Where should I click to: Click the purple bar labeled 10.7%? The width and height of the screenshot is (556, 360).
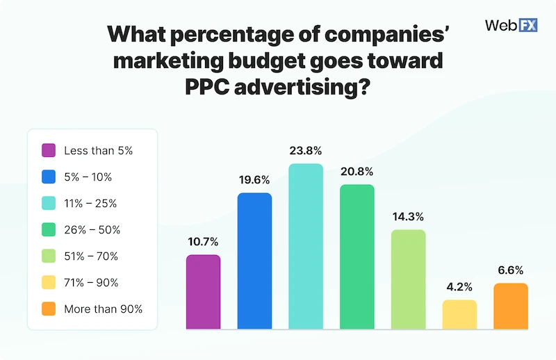203,292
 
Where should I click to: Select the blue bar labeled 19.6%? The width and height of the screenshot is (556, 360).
254,261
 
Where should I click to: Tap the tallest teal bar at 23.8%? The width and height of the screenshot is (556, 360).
306,247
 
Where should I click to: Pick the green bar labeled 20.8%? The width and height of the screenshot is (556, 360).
357,256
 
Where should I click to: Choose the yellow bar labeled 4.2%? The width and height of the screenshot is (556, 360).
459,314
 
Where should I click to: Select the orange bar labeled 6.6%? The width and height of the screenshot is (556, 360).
511,306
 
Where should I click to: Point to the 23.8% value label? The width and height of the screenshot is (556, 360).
306,151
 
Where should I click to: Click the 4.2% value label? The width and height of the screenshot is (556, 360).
459,287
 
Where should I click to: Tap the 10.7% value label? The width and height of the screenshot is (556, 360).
203,242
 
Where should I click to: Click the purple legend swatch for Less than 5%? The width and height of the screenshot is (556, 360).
49,150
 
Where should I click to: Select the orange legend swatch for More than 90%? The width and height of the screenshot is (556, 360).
49,309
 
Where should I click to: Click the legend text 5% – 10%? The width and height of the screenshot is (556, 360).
88,177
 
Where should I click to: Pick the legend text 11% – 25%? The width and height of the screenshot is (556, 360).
90,203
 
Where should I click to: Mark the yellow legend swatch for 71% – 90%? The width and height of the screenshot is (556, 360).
49,282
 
